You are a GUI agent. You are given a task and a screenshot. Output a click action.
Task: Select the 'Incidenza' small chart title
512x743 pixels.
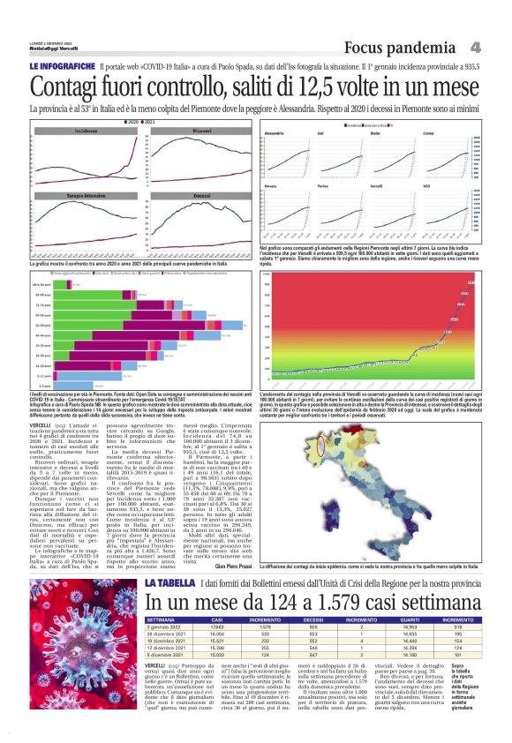(x=86, y=129)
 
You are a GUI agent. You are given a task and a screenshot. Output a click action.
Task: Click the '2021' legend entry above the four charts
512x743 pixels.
(x=163, y=121)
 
